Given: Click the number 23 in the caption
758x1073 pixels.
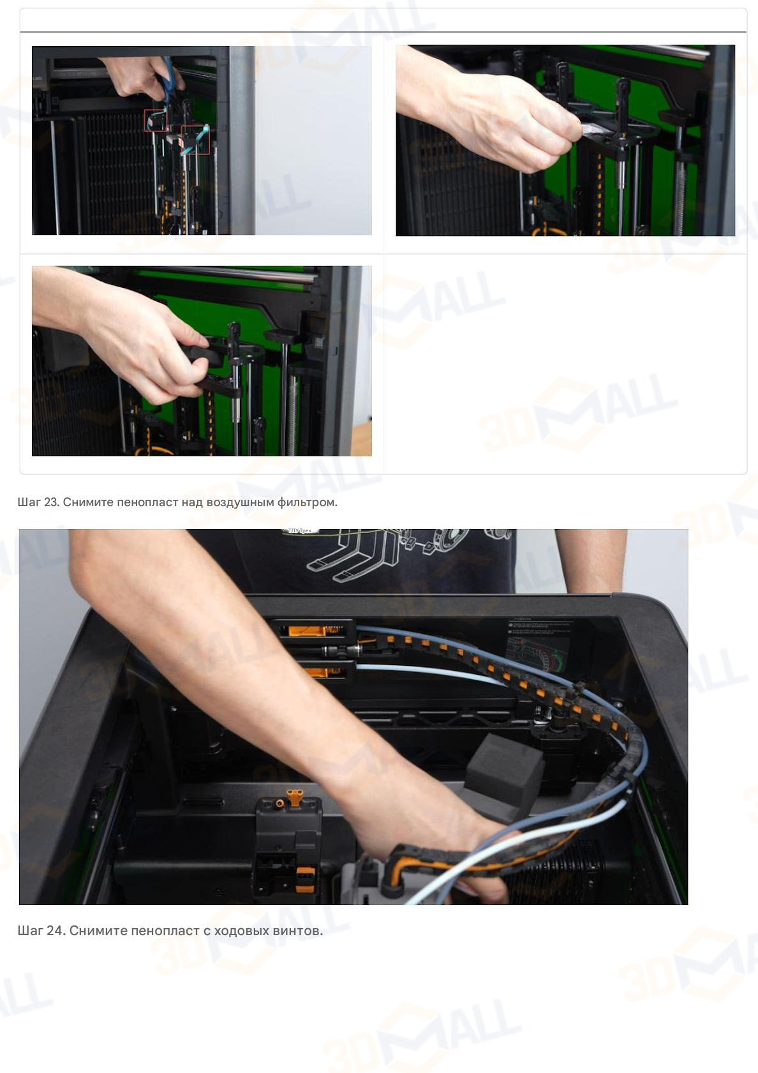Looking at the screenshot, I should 51,502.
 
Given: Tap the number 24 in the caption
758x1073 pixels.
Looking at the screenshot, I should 55,931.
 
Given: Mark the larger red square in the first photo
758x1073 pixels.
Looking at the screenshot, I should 195,140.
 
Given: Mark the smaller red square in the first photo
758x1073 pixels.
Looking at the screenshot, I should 155,121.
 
